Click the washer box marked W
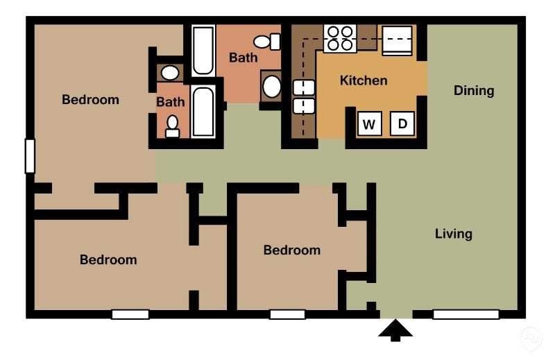pyautogui.click(x=369, y=125)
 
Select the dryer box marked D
pyautogui.click(x=402, y=125)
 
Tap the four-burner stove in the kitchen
pyautogui.click(x=340, y=38)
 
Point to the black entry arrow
pyautogui.click(x=395, y=330)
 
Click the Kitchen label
pyautogui.click(x=364, y=80)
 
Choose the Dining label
pyautogui.click(x=474, y=91)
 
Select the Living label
pyautogui.click(x=454, y=234)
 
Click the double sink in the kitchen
pyautogui.click(x=304, y=96)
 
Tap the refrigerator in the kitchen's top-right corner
pyautogui.click(x=398, y=40)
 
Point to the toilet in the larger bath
pyautogui.click(x=267, y=42)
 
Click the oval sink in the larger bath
pyautogui.click(x=272, y=87)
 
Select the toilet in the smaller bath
pyautogui.click(x=173, y=126)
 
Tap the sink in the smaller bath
pyautogui.click(x=169, y=72)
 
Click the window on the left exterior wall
pyautogui.click(x=30, y=156)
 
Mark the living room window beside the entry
pyautogui.click(x=466, y=315)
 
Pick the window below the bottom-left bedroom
pyautogui.click(x=130, y=315)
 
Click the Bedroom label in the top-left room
pyautogui.click(x=90, y=100)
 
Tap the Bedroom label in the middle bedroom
pyautogui.click(x=291, y=250)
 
